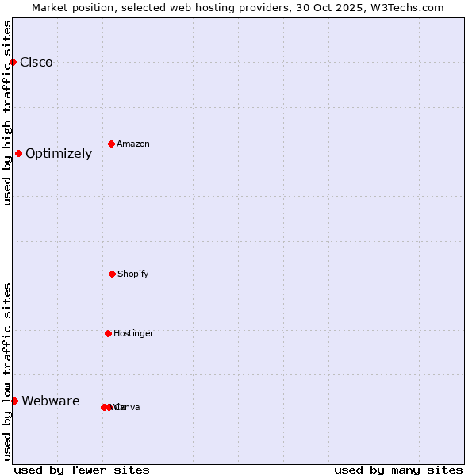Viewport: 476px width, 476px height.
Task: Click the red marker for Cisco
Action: [13, 62]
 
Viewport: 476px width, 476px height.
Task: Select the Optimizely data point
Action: [18, 153]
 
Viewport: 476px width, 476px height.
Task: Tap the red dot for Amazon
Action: [111, 144]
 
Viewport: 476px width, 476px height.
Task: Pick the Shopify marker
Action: [112, 274]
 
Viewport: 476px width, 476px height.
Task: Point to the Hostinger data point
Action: [108, 333]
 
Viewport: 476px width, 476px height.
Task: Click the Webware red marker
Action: [14, 401]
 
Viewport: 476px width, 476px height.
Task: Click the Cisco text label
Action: [36, 63]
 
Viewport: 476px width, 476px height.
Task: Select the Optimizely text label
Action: [59, 154]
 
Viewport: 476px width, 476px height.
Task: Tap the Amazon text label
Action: [133, 144]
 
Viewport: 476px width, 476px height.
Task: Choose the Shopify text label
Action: [133, 274]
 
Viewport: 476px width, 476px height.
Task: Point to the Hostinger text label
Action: [133, 334]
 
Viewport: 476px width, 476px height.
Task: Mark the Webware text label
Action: [51, 401]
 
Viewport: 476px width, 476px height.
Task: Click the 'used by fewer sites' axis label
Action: [82, 470]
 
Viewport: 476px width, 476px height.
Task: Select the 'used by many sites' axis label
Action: [398, 470]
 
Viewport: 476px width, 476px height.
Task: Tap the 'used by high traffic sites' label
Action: [8, 113]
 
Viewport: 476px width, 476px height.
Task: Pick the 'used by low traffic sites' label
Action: [8, 371]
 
